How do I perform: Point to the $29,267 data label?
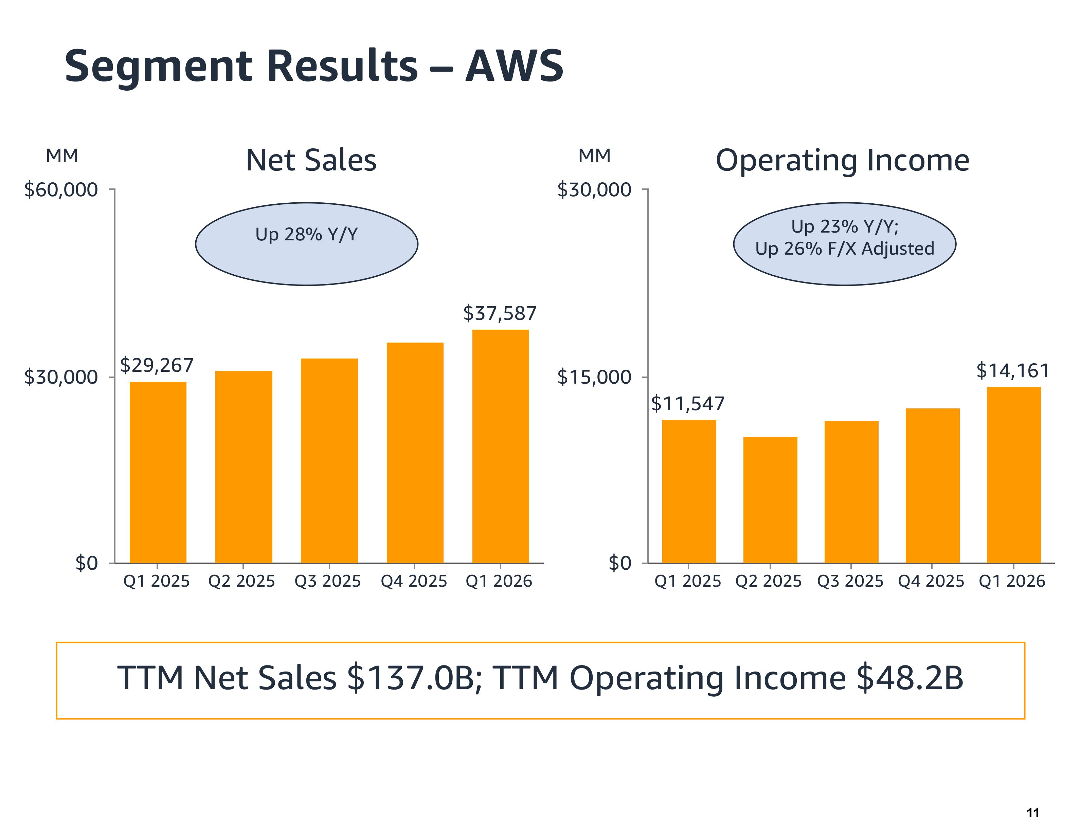(157, 365)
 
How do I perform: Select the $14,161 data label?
(1012, 371)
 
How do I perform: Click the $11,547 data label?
(688, 404)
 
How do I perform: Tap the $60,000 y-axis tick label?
(61, 189)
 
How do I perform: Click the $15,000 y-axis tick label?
(594, 377)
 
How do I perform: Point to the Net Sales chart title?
(311, 160)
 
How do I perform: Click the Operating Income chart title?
(842, 160)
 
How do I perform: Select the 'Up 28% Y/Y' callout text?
(306, 234)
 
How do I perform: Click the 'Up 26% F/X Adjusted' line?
(844, 249)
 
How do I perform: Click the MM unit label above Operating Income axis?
(594, 156)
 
